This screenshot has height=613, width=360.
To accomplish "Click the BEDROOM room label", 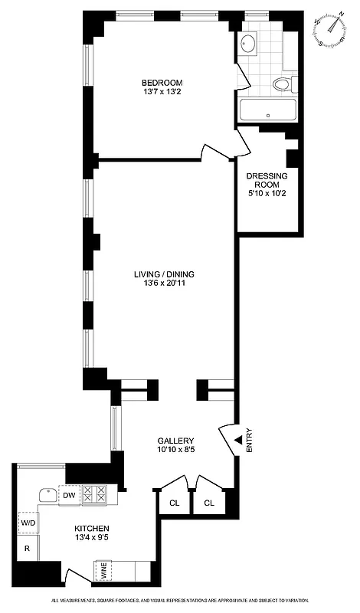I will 161,83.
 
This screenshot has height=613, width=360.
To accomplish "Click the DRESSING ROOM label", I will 267,181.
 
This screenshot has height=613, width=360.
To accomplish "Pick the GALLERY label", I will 175,441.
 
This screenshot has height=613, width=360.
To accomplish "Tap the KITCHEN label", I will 91,529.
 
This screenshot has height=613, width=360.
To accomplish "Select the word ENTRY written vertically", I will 250,440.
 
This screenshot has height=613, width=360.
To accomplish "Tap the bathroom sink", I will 249,44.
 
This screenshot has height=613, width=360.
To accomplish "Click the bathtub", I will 267,110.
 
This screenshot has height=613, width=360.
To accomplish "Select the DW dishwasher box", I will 69,495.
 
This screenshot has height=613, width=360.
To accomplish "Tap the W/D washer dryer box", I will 28,523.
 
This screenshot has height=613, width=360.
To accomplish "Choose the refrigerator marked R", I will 27,549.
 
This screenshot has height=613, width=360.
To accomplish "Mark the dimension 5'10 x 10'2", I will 267,195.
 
